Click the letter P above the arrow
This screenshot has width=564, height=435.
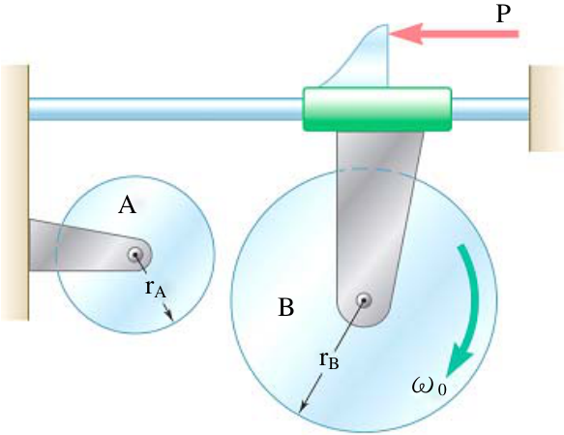(x=503, y=15)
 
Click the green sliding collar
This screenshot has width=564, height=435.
(x=377, y=109)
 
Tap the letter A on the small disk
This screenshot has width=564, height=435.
(x=127, y=206)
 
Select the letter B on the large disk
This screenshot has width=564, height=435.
(x=286, y=307)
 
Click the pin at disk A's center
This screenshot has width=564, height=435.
(x=135, y=256)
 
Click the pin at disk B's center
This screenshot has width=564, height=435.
(x=364, y=300)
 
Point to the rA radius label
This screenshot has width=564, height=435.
(x=156, y=289)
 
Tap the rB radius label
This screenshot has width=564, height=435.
(x=329, y=360)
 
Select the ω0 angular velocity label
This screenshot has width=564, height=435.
(x=430, y=387)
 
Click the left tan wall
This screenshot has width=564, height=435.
(x=15, y=193)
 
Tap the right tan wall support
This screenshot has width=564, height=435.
(x=546, y=109)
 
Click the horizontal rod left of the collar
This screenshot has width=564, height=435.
(x=165, y=109)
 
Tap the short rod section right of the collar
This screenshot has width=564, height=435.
(x=490, y=109)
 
